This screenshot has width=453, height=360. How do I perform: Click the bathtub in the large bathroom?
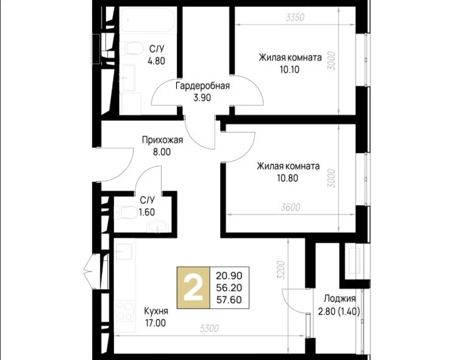(148, 20)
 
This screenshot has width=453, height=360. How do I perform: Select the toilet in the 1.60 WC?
(126, 213)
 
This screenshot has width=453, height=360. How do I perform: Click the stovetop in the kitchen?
(125, 311)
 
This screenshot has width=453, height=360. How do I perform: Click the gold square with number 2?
(193, 288)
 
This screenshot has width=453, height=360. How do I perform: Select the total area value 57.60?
(229, 300)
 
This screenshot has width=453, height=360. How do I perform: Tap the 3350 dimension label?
(295, 18)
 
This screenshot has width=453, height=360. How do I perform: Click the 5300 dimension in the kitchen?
(209, 328)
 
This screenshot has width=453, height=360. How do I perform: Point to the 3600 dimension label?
(291, 207)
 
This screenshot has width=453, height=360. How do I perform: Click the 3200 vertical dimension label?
(281, 270)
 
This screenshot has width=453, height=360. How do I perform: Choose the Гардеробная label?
(203, 86)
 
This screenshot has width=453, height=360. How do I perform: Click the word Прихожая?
(162, 140)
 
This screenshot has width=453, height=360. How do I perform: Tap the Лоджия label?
(340, 298)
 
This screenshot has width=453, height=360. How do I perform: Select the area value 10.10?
(290, 70)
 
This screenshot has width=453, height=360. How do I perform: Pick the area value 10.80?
(287, 178)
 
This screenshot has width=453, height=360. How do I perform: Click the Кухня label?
(156, 311)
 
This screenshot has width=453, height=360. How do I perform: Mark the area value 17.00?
(155, 323)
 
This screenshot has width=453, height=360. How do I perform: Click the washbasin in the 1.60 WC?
(158, 226)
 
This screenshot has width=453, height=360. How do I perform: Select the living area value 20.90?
(229, 276)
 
